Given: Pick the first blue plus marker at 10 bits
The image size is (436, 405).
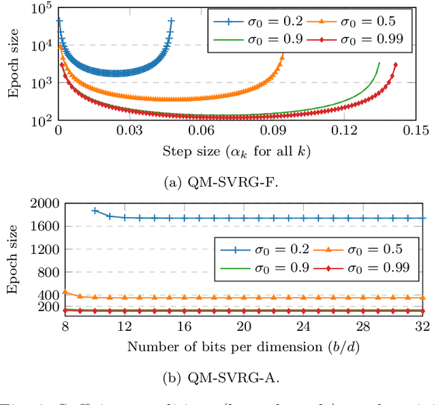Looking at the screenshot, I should click(x=95, y=211).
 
